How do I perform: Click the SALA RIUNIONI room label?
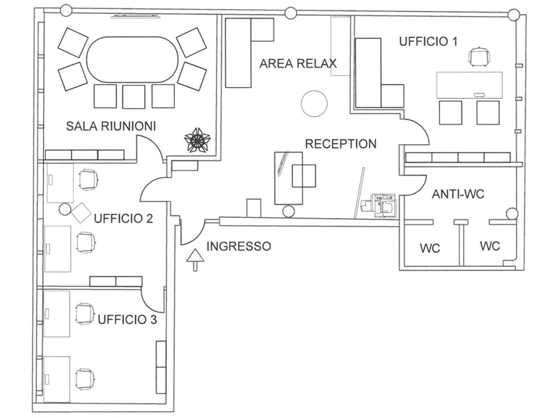tap(111, 126)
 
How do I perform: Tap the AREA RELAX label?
tap(298, 63)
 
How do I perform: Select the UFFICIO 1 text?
tap(428, 42)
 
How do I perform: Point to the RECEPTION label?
tap(340, 144)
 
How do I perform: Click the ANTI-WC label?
tap(458, 194)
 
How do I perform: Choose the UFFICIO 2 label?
tap(123, 219)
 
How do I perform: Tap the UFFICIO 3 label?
tap(127, 320)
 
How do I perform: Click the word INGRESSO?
tap(239, 247)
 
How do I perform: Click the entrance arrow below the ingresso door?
tap(195, 260)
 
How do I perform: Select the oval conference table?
tap(132, 59)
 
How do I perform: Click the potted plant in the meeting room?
tap(197, 141)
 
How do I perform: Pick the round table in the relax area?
tap(314, 103)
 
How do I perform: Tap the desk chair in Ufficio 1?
tap(479, 57)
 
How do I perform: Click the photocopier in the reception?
tap(378, 206)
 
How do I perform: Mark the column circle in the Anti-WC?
tap(512, 214)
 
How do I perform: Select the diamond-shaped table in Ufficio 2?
tap(81, 213)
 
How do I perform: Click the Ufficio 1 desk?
tap(469, 85)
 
